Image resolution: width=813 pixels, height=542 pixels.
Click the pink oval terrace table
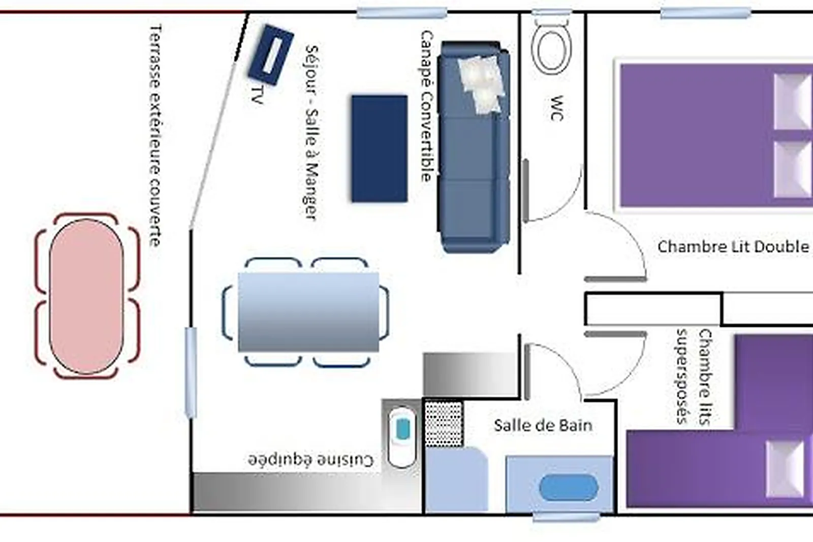click(x=86, y=296)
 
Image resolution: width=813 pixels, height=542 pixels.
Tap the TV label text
click(x=257, y=95)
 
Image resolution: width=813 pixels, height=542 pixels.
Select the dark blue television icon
click(x=271, y=55)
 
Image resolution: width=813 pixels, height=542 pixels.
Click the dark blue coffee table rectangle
click(x=379, y=148)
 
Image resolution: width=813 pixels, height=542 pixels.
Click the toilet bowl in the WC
click(x=551, y=47)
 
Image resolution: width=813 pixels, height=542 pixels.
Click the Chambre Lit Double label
click(x=733, y=247)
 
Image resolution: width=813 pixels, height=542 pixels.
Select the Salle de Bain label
click(x=543, y=426)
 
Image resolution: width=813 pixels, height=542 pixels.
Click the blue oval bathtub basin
click(x=569, y=488)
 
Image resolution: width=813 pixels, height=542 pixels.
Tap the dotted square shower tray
click(x=444, y=423)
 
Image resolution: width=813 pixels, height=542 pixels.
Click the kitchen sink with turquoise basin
click(x=402, y=437)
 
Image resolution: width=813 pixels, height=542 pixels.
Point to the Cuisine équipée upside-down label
click(x=310, y=460)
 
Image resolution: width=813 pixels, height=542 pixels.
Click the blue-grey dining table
click(x=308, y=312)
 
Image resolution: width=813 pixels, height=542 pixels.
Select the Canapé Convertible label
click(x=427, y=106)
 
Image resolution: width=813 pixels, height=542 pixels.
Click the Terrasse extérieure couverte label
click(x=155, y=135)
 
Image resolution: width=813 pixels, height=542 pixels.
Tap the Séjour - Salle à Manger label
click(x=312, y=133)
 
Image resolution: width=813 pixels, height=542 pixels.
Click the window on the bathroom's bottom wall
click(x=566, y=516)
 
